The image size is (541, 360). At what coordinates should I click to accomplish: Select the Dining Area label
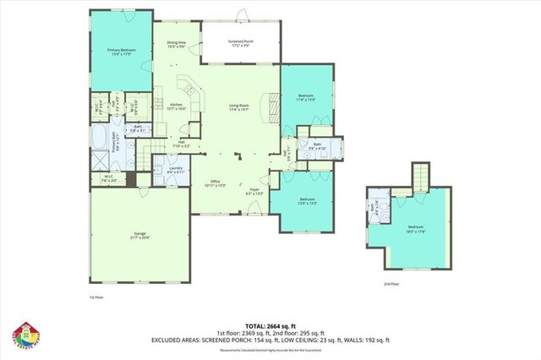tap(177, 44)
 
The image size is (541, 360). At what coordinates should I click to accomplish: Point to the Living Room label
tap(239, 107)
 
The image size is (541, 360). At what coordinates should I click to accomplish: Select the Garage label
tap(140, 237)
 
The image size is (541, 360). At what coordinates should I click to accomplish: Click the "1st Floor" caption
tap(96, 297)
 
